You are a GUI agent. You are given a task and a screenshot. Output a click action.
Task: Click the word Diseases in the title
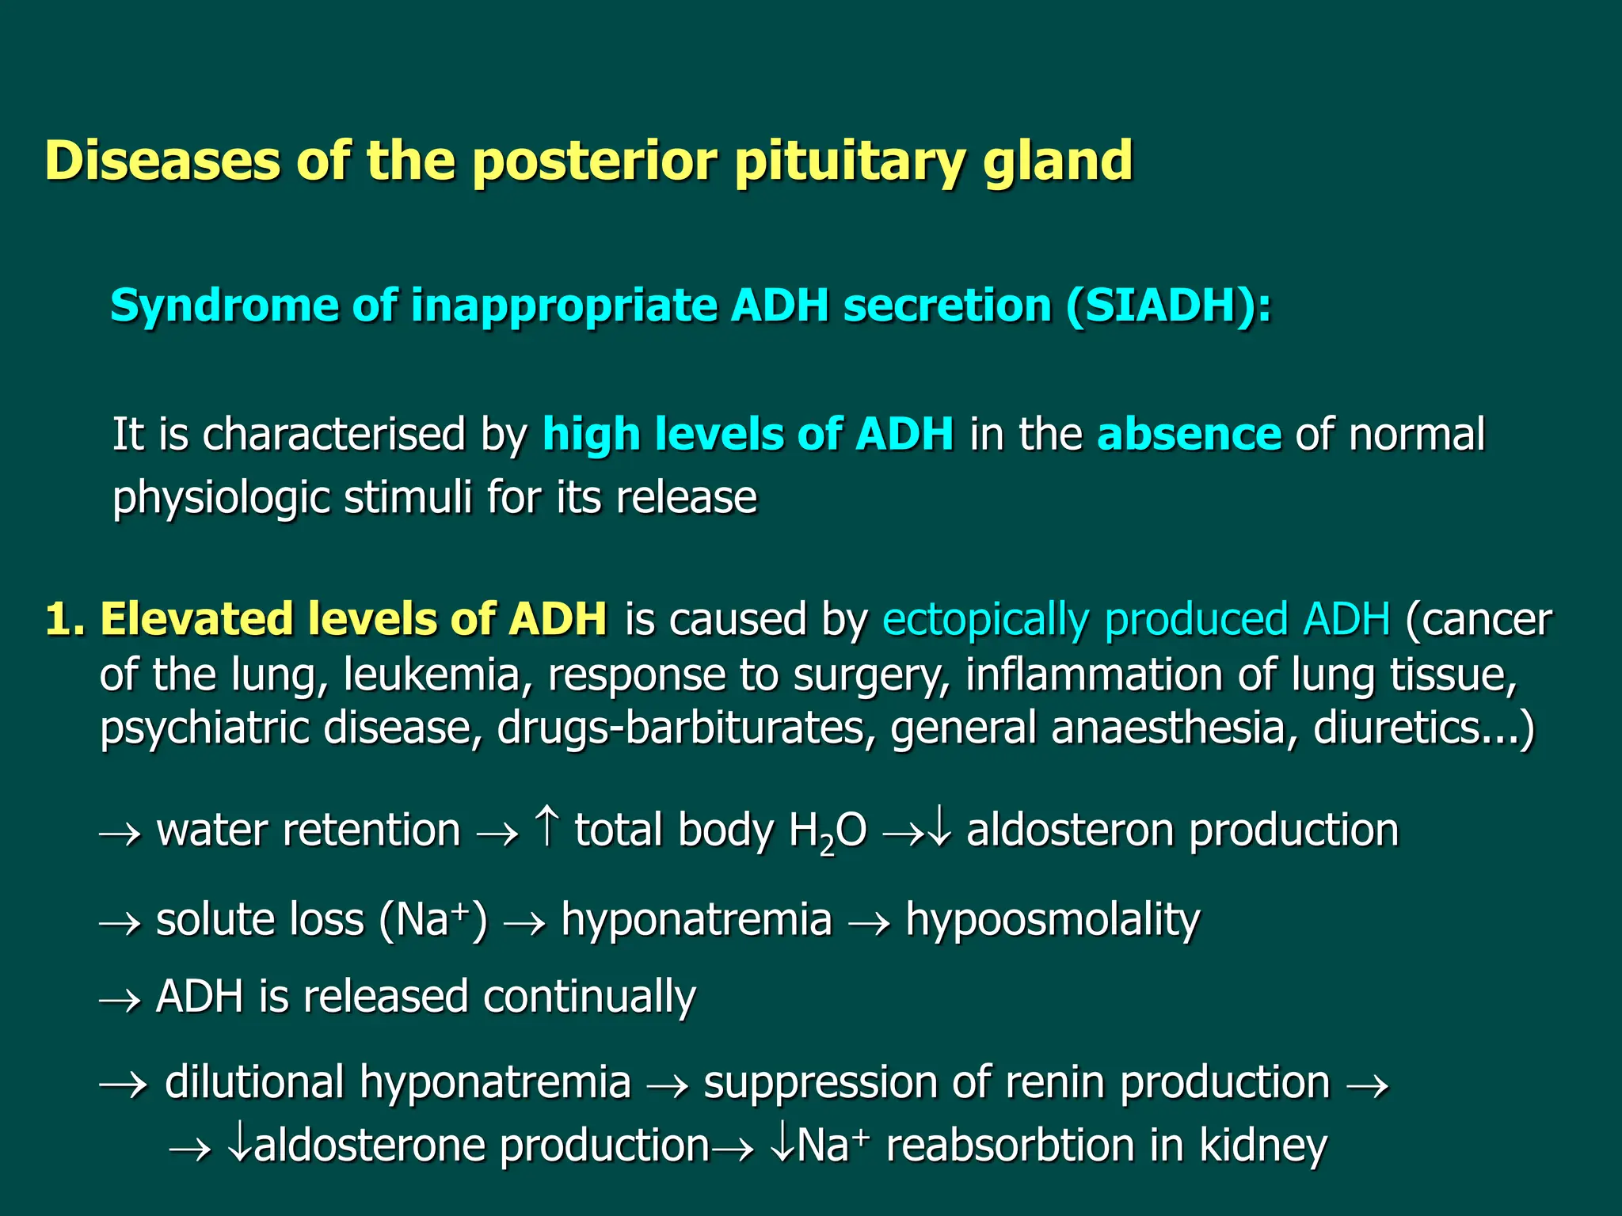tap(162, 161)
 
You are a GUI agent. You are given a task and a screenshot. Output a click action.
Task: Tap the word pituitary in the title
tap(849, 161)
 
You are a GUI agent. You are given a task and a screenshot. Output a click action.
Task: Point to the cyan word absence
tap(1188, 435)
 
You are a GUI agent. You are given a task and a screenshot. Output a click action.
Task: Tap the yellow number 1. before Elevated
tap(64, 619)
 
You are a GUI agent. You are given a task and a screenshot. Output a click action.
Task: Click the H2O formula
tap(827, 832)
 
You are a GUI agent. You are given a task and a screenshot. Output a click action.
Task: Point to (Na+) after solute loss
tap(432, 920)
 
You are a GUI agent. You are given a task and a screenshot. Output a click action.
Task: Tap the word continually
tap(589, 997)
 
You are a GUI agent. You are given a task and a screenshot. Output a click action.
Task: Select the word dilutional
tap(254, 1083)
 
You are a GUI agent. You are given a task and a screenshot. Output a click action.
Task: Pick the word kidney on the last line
tap(1262, 1146)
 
